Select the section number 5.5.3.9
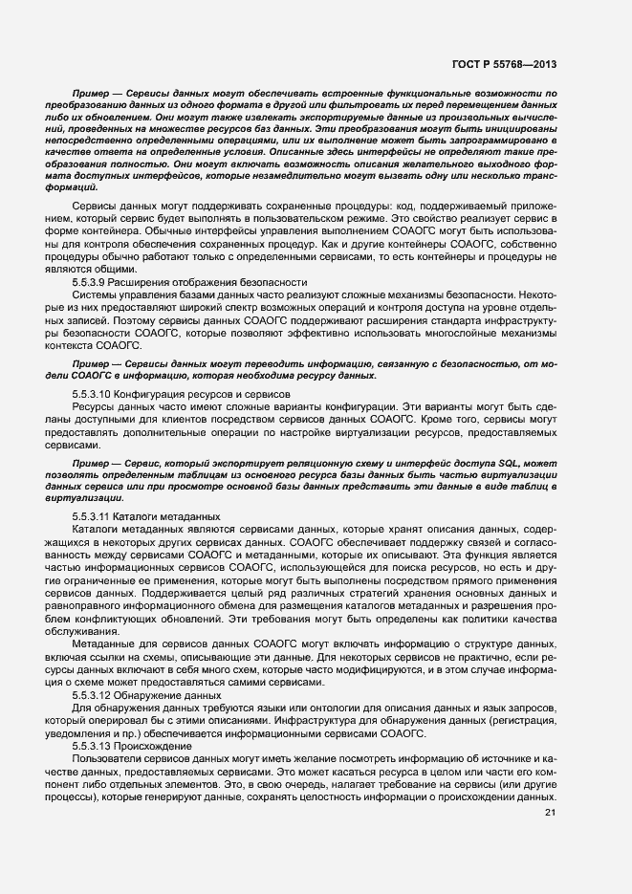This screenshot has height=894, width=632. click(x=89, y=282)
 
